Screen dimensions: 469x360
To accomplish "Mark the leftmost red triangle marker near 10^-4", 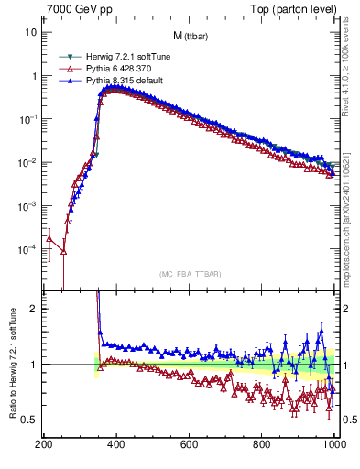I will pos(49,238).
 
